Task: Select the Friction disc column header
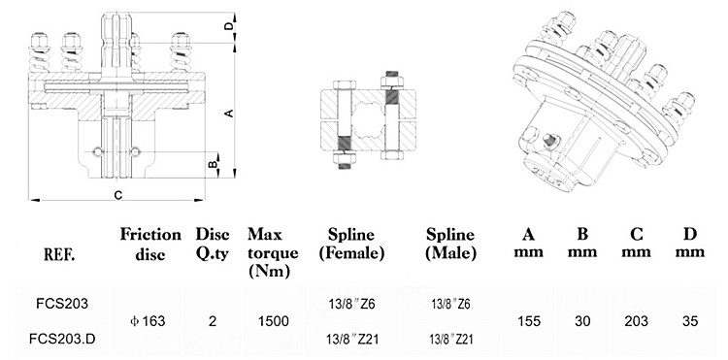[150, 242]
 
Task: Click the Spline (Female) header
[351, 244]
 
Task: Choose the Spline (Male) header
[449, 244]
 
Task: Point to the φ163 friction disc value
[149, 321]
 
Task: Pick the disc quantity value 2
[213, 321]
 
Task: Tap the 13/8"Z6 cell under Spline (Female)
[351, 304]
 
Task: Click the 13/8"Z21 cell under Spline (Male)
[449, 339]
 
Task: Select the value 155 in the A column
[529, 321]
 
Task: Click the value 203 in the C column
[637, 321]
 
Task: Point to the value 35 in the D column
[690, 321]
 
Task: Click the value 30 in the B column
[582, 321]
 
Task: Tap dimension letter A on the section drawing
[230, 113]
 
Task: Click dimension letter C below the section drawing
[117, 196]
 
